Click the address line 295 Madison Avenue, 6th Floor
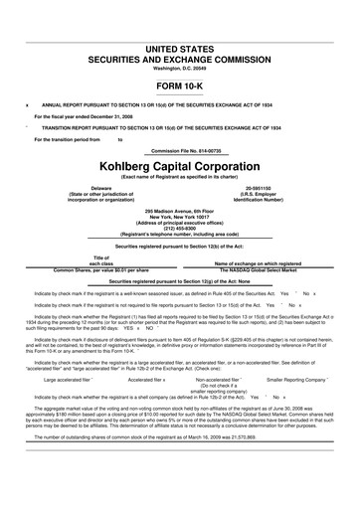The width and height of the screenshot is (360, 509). pos(180,210)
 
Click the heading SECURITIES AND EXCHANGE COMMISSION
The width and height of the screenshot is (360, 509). pos(180,59)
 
